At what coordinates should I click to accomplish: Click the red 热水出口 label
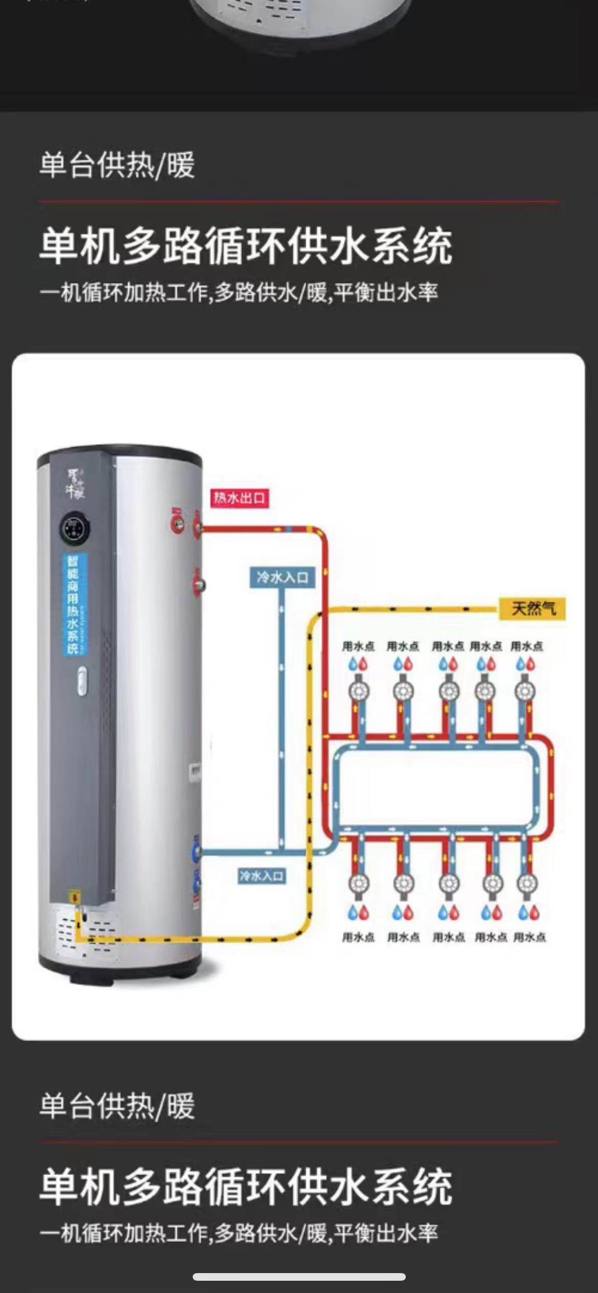[x=239, y=498]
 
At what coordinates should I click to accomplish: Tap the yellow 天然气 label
[x=533, y=608]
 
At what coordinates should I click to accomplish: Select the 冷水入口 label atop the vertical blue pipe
[x=282, y=578]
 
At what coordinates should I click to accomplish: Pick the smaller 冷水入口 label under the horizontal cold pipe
[x=261, y=876]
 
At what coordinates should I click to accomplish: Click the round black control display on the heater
[x=75, y=528]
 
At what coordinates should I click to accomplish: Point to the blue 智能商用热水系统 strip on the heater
[x=74, y=605]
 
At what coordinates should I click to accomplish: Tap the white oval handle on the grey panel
[x=82, y=681]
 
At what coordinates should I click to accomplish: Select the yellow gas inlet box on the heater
[x=75, y=897]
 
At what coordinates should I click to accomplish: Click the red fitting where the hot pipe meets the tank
[x=197, y=528]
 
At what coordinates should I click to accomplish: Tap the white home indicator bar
[x=299, y=1277]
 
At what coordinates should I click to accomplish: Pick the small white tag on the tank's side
[x=195, y=774]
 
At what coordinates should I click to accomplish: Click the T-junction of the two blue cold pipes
[x=282, y=851]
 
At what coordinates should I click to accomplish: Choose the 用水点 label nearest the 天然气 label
[x=526, y=646]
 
